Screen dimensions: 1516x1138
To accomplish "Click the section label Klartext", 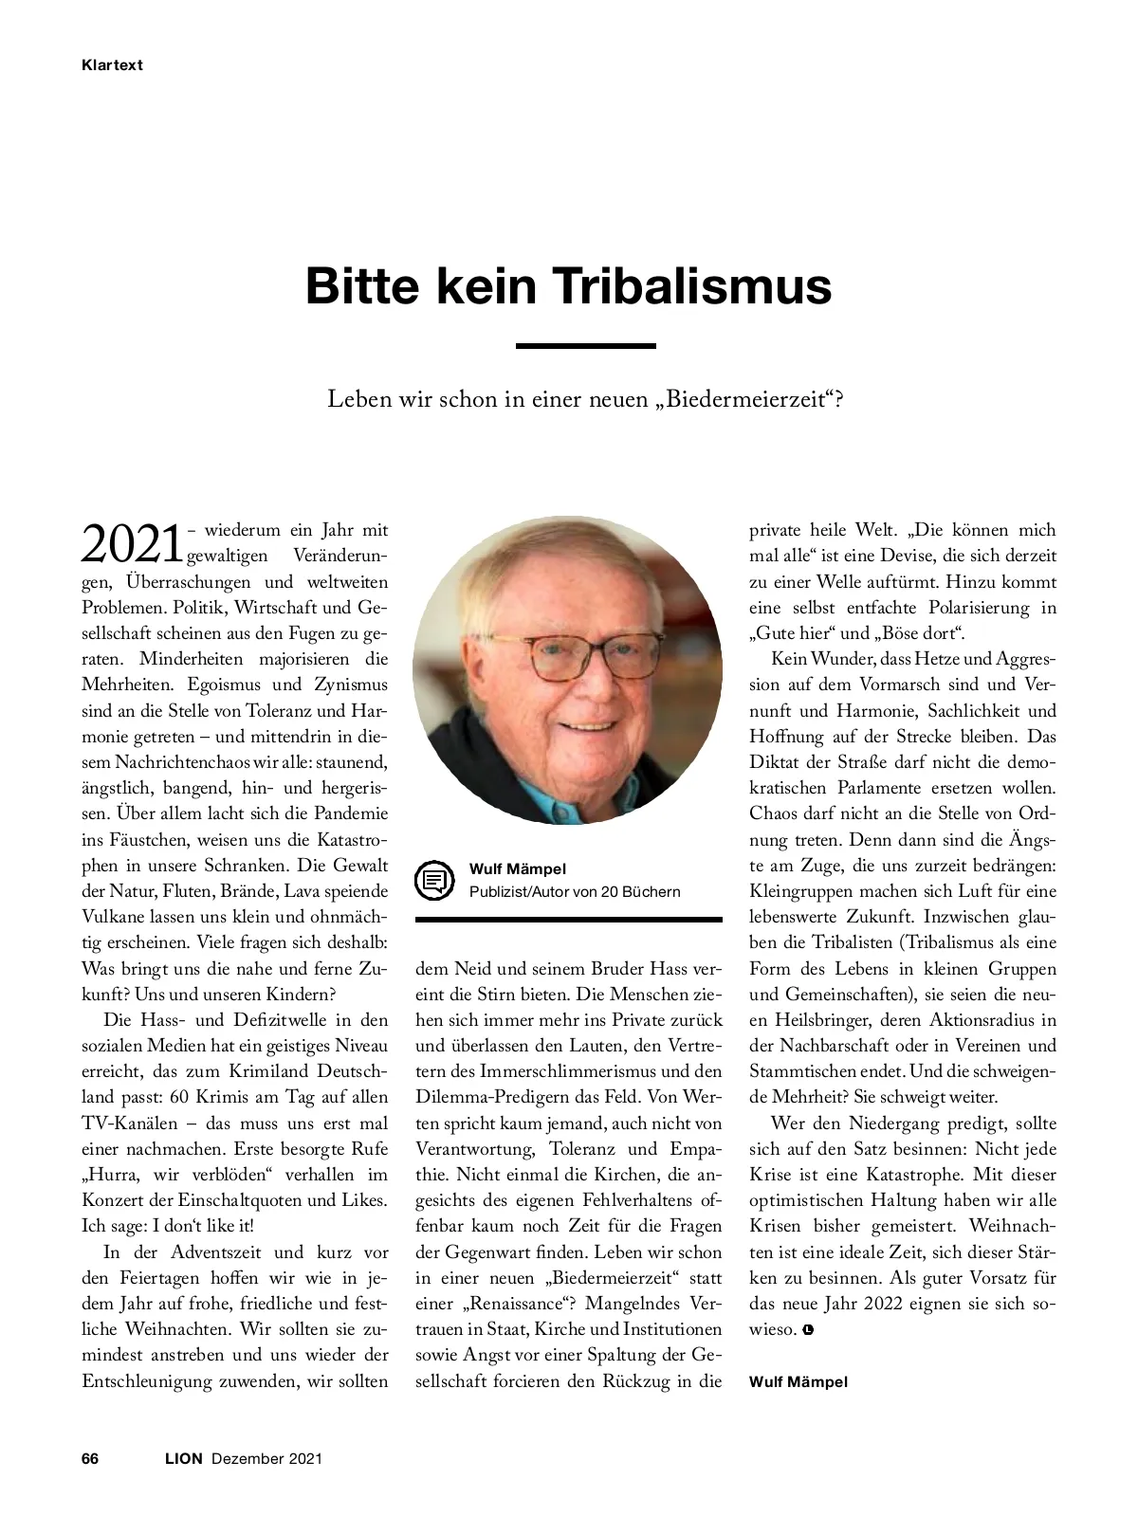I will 112,65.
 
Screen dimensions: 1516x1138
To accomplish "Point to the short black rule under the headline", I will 585,346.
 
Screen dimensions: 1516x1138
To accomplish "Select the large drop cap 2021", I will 132,544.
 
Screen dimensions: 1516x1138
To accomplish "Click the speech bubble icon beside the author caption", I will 435,881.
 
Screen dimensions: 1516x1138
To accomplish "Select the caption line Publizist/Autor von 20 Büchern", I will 574,891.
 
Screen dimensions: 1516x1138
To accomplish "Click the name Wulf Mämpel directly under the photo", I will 517,868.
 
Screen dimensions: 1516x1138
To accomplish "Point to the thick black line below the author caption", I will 568,919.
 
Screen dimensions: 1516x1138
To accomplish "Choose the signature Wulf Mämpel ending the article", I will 798,1381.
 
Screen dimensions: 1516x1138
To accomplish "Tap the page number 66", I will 91,1458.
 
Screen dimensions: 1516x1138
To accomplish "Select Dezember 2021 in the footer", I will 266,1458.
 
